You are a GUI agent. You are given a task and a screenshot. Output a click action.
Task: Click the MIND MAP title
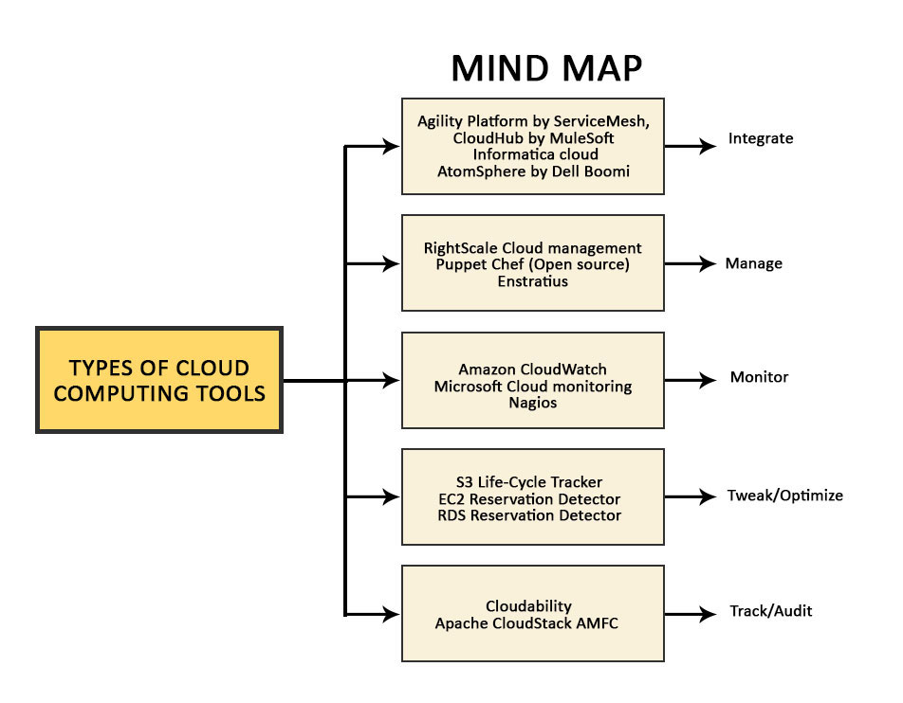coord(545,68)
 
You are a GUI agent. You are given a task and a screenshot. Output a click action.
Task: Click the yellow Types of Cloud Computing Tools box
coord(158,380)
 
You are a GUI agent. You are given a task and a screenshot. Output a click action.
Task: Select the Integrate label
coord(760,138)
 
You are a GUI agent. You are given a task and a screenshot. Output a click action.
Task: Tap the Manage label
coord(753,263)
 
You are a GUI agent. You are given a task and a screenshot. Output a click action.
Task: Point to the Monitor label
coord(759,377)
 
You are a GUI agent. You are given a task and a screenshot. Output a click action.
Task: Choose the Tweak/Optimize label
coord(784,495)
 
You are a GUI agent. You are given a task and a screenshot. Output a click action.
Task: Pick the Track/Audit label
coord(770,611)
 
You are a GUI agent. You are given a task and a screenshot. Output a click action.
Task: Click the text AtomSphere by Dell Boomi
coord(533,171)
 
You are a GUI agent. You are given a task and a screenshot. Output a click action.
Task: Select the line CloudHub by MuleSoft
coord(533,137)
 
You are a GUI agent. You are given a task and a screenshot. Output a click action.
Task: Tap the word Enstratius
coord(532,280)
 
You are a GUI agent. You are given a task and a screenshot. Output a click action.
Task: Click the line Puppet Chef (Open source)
coord(532,264)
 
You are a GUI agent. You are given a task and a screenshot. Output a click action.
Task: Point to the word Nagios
coord(532,403)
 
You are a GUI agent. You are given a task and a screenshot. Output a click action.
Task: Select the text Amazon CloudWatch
coord(532,370)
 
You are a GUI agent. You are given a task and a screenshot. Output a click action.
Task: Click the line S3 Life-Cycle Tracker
coord(528,482)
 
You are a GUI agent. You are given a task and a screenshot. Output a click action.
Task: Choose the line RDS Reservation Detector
coord(529,515)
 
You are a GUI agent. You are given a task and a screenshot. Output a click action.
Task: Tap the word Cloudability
coord(528,606)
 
